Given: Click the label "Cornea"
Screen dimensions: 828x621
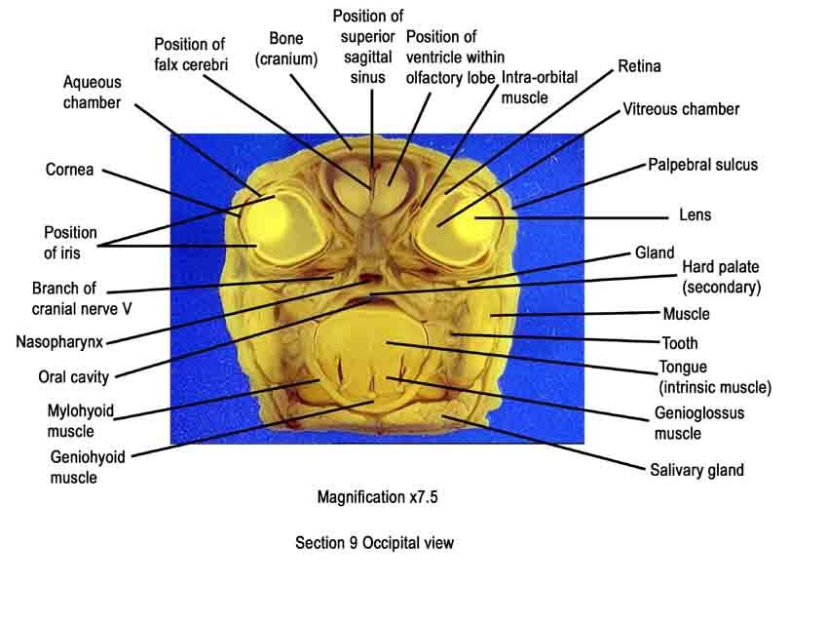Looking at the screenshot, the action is tap(69, 170).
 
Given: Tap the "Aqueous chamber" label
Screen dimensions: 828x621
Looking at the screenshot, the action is tap(92, 92).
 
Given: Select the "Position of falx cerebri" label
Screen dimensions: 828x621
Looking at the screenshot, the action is tap(191, 54).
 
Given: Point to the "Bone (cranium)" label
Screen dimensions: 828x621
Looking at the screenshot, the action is tap(286, 48).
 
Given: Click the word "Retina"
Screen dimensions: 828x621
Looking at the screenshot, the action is tap(639, 66).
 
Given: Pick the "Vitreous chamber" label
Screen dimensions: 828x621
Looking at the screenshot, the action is tap(681, 109).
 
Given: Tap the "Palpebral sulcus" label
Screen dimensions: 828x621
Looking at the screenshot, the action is tap(703, 165).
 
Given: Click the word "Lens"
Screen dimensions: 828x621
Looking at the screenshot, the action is tap(695, 215).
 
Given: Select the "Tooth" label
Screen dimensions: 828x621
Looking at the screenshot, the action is tap(680, 343).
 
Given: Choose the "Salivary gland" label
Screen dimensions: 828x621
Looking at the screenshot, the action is tap(696, 470).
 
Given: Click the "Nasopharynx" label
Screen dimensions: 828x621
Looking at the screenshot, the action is tap(59, 342).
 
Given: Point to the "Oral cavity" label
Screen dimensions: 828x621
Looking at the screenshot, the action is tap(73, 377).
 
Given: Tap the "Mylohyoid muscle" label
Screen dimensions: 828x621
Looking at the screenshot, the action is tap(80, 421).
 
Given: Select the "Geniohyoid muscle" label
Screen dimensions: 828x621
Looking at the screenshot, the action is tap(88, 467).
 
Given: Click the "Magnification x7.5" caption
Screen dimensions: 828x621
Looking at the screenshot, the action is tap(377, 497).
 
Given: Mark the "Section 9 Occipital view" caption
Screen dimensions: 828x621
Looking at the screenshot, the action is tap(374, 543).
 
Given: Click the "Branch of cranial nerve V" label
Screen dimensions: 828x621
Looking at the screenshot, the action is tap(82, 298).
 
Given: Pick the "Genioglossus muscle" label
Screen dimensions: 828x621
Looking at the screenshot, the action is tap(699, 423).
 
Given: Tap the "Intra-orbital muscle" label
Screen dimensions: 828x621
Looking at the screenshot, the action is tap(539, 87).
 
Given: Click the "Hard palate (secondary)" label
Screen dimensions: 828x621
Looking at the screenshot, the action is tap(721, 277).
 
